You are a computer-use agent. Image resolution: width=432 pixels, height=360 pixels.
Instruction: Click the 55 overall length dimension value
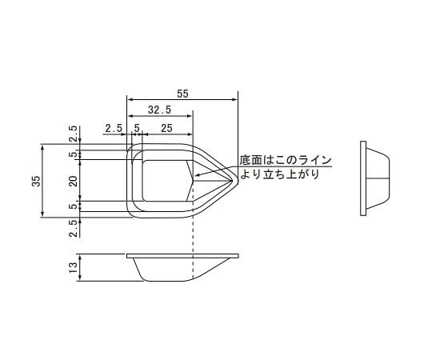point(182,94)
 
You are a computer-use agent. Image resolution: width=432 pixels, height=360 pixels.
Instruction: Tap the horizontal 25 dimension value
point(166,128)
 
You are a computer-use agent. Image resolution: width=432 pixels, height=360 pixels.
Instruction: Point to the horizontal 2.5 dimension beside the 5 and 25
point(112,128)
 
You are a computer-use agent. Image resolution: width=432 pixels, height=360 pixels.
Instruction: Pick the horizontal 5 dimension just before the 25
point(137,128)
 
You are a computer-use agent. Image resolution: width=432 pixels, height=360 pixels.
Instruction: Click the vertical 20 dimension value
point(74,181)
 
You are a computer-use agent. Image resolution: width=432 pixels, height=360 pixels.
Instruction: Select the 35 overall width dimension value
point(34,181)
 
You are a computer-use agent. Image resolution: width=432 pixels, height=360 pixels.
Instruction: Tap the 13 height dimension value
point(74,268)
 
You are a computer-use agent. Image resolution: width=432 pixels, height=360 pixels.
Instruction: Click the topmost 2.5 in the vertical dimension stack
point(74,133)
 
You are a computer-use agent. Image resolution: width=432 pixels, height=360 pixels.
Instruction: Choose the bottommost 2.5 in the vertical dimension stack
point(74,228)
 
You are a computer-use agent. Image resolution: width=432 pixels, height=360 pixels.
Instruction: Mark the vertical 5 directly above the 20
point(74,154)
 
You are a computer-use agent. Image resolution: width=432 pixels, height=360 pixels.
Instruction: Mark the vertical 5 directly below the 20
point(74,206)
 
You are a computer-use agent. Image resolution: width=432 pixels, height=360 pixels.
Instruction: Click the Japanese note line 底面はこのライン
point(285,160)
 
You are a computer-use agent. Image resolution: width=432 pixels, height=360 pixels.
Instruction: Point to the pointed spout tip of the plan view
point(238,182)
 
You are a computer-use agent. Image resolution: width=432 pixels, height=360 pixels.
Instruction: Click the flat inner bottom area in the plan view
point(164,180)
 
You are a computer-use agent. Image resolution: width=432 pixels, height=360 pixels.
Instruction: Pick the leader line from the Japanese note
point(216,170)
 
